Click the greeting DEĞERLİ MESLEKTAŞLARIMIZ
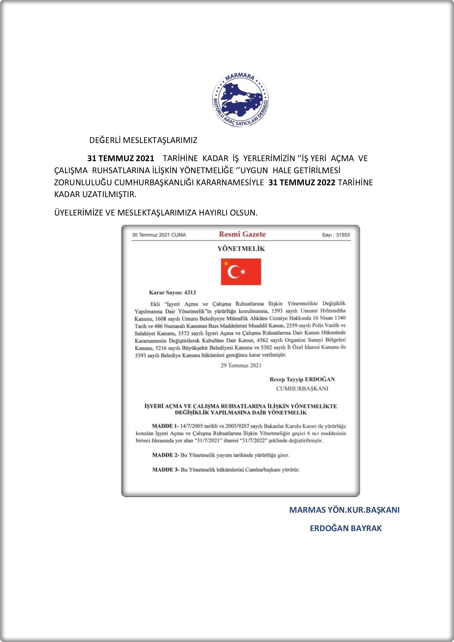pos(143,140)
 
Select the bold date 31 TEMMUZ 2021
pos(121,159)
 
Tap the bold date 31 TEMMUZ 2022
pos(302,183)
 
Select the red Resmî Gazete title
pos(242,234)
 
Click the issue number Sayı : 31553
pos(335,235)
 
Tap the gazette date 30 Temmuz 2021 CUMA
pos(159,235)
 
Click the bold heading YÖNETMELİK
pos(241,249)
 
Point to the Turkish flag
pos(241,271)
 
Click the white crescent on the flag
pos(232,272)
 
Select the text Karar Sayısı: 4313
pos(172,293)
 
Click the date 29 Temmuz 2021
pos(241,365)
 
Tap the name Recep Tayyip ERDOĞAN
pos(302,379)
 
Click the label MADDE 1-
pos(165,426)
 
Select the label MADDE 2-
pos(165,455)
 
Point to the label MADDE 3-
pos(165,470)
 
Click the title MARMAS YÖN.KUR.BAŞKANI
pos(344,510)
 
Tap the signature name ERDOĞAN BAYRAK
pos(346,528)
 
